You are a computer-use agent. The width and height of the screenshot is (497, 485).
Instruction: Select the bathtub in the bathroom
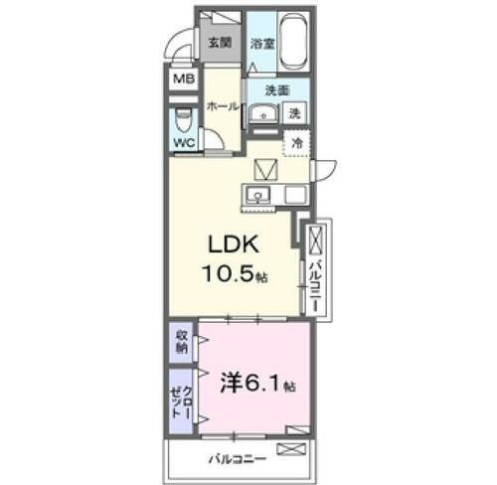click(293, 43)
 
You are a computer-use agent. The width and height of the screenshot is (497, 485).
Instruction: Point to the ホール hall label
click(221, 104)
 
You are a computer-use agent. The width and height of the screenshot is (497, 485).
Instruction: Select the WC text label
click(185, 144)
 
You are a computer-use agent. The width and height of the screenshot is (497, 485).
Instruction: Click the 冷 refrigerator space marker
click(296, 143)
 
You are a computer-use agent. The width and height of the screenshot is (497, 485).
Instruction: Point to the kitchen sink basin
click(257, 194)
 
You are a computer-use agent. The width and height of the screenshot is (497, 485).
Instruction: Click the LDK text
click(234, 244)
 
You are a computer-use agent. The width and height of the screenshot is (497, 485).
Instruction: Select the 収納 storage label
click(182, 341)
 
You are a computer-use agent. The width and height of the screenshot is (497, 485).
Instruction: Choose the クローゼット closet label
click(182, 399)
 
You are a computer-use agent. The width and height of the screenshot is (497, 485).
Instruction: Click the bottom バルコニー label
click(237, 459)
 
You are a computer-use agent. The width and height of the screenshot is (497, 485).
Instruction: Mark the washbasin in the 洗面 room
click(262, 113)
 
